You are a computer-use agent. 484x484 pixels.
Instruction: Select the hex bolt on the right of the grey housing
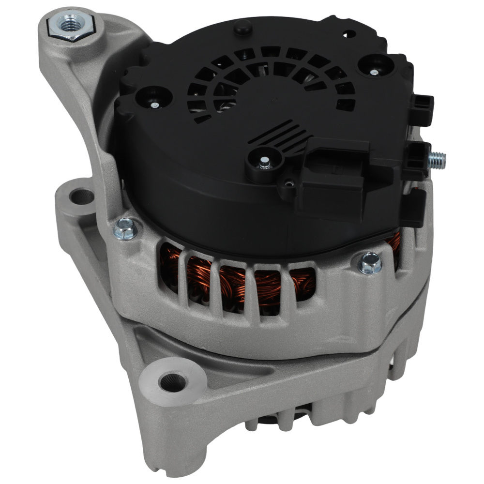point(370,262)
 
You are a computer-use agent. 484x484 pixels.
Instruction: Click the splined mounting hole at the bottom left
point(172,382)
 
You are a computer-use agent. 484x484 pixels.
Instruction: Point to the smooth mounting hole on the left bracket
point(81,196)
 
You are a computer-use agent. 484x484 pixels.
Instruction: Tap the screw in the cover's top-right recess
point(374,72)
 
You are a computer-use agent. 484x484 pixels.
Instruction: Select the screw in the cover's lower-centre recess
point(264,164)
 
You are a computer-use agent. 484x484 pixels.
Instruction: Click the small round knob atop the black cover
point(242,29)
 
